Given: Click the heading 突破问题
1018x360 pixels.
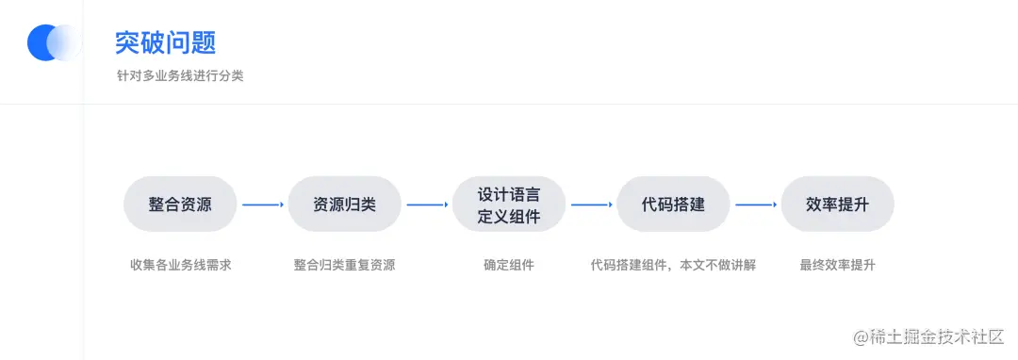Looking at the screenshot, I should [165, 42].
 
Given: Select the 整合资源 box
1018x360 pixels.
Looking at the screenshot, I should [180, 205].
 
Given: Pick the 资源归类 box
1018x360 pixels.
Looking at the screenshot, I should [344, 205].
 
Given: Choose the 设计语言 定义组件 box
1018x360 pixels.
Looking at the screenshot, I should [509, 205].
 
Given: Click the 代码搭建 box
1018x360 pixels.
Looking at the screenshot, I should [673, 205].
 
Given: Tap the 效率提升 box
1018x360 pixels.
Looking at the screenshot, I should [837, 205].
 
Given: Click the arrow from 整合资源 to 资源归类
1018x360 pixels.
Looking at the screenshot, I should [262, 205].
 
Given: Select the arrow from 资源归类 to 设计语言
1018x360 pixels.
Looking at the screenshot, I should [427, 205].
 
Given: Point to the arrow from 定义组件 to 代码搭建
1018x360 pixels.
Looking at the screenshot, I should [591, 205].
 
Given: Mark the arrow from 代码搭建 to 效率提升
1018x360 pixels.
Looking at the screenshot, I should [755, 205].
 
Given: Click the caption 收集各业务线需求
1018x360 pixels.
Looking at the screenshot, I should [180, 265].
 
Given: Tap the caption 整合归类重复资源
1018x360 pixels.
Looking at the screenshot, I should [344, 265].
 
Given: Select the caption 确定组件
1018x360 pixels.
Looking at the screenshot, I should [509, 265].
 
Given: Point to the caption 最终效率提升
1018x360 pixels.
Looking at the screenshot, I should [837, 265].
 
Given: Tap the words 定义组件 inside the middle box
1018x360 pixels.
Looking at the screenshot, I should [509, 218].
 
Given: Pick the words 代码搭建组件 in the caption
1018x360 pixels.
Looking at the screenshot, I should [630, 265].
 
